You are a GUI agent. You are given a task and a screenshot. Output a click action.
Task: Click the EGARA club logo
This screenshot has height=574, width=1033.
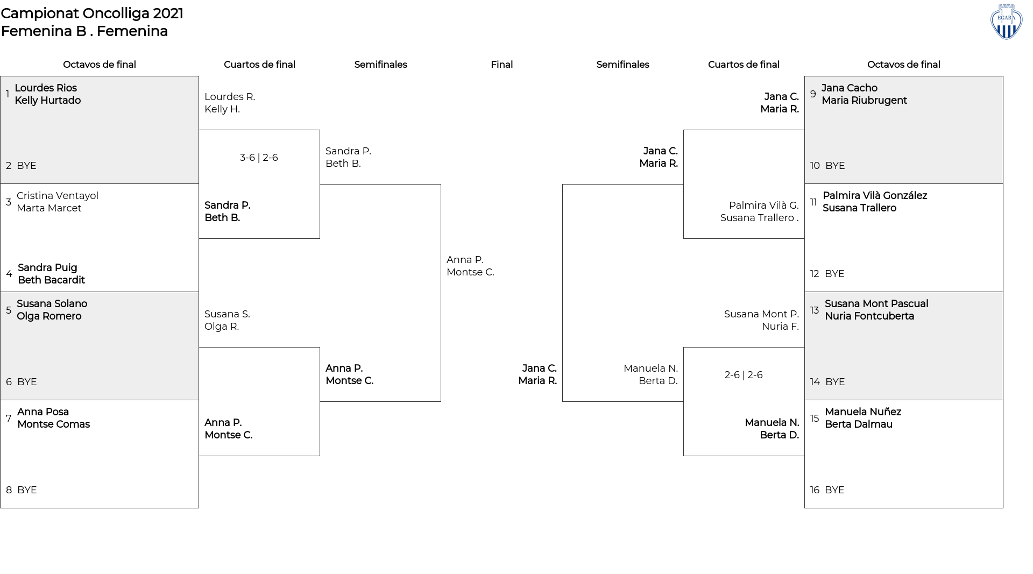click(x=1006, y=22)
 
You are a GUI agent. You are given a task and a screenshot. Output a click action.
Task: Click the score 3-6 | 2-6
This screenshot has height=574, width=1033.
click(x=259, y=158)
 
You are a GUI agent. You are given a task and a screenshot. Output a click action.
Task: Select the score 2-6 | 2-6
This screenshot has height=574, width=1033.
click(x=744, y=375)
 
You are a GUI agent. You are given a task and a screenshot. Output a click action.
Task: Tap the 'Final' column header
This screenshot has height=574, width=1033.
click(x=501, y=65)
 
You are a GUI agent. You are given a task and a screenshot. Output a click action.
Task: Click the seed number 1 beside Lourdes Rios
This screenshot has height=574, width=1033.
click(x=8, y=94)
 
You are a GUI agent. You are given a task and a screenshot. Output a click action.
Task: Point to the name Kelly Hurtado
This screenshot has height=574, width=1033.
click(x=48, y=101)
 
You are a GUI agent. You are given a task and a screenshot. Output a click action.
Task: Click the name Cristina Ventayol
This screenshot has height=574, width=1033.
click(x=58, y=196)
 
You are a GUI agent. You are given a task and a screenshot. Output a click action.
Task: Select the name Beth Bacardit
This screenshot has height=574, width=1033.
click(x=51, y=280)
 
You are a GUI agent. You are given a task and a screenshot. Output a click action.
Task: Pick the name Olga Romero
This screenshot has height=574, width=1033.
click(x=49, y=316)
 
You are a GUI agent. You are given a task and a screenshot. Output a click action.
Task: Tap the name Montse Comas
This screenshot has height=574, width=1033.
click(x=53, y=424)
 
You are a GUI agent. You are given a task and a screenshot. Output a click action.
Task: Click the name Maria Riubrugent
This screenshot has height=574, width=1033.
click(x=864, y=101)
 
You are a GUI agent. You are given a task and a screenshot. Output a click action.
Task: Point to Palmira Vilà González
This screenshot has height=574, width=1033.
click(x=875, y=196)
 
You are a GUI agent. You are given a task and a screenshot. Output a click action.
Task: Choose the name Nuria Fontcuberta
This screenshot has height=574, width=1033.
click(x=869, y=316)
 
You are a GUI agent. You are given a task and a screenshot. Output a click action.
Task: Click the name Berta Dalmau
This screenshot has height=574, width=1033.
click(x=859, y=424)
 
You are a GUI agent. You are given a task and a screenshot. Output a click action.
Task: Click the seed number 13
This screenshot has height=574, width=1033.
click(x=815, y=310)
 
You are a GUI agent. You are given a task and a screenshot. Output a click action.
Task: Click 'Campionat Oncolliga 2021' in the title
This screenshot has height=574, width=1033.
click(x=92, y=13)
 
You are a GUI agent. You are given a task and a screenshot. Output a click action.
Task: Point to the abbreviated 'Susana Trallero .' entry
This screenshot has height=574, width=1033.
click(x=760, y=218)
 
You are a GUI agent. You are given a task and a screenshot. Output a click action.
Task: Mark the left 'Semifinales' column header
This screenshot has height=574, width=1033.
click(x=380, y=65)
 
